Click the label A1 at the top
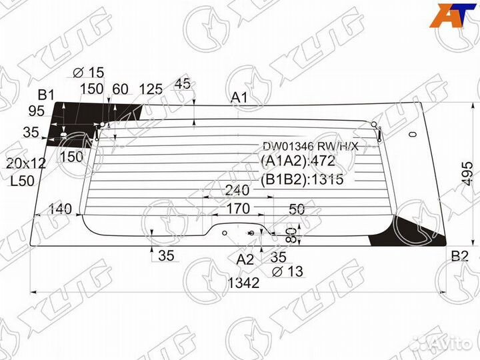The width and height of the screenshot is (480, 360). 240,98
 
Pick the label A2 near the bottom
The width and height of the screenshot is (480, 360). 245,259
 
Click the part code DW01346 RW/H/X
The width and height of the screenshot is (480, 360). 310,146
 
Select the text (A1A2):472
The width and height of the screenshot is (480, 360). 297,162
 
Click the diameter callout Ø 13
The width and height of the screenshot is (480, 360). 287,271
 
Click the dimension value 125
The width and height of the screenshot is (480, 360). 151,89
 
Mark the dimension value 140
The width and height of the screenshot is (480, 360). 59,209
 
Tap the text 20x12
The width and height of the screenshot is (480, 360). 26,163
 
